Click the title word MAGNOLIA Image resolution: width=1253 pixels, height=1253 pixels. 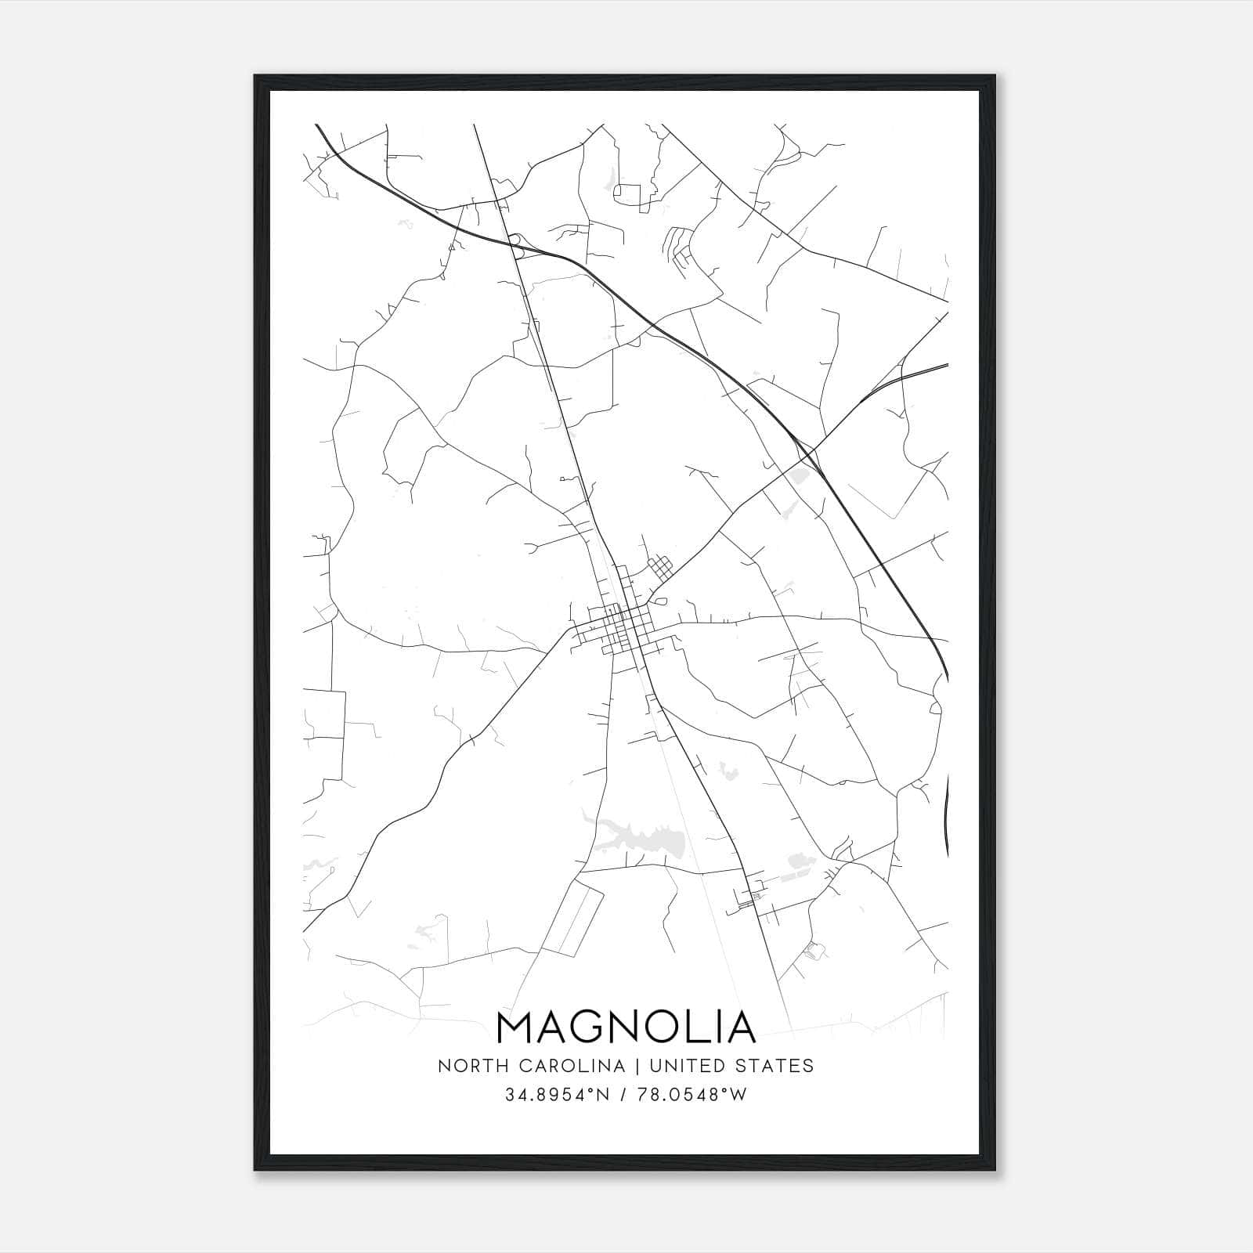click(x=626, y=1027)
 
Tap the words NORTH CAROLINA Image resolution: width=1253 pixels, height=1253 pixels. click(x=532, y=1066)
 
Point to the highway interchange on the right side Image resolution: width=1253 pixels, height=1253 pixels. click(x=807, y=454)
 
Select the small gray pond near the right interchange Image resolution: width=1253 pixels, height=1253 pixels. click(x=799, y=475)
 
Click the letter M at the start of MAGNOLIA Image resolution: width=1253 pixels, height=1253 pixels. click(x=516, y=1027)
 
